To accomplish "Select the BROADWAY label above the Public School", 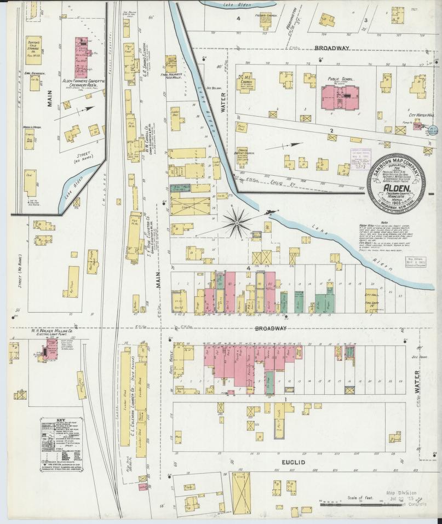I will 331,48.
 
